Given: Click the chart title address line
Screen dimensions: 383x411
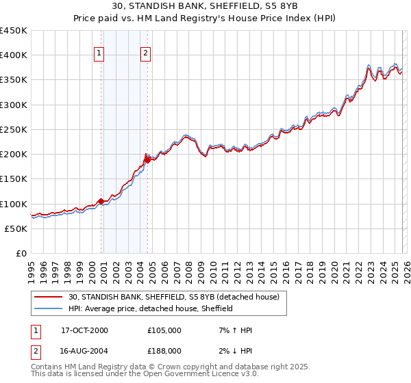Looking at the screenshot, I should (205, 8).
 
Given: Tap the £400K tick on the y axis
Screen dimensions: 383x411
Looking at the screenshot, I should (14, 55).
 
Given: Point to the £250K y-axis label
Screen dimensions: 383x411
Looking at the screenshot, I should (14, 129).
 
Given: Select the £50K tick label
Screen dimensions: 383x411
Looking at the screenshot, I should (16, 228).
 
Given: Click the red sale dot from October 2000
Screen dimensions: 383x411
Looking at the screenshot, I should (101, 201).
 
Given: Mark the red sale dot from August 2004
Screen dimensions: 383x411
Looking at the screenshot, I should (147, 160).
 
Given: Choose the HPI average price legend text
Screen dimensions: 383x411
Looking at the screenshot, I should (151, 309).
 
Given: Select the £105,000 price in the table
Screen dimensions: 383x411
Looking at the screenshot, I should (164, 330).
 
